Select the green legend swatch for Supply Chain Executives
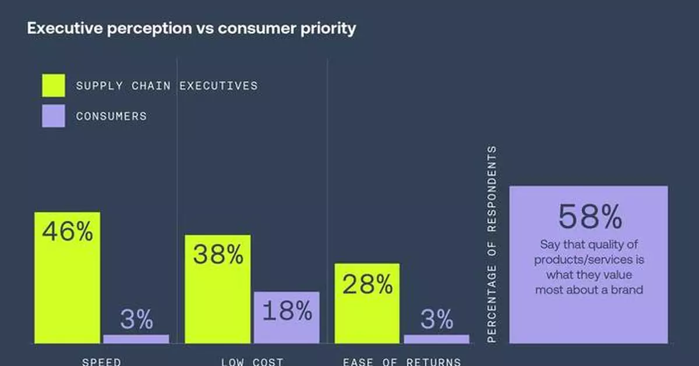[x=53, y=86]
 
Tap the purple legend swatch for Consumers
[x=53, y=116]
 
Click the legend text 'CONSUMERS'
[x=111, y=116]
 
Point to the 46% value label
[x=67, y=232]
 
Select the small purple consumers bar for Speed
[x=136, y=339]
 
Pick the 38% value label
[x=218, y=255]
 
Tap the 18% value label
[x=287, y=312]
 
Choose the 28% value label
[x=368, y=284]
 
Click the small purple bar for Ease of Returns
[x=436, y=339]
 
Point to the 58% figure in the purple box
[x=589, y=217]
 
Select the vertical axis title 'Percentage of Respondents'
[x=492, y=244]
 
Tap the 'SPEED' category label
[x=101, y=361]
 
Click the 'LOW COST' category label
[x=252, y=361]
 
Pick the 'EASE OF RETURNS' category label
[x=402, y=361]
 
